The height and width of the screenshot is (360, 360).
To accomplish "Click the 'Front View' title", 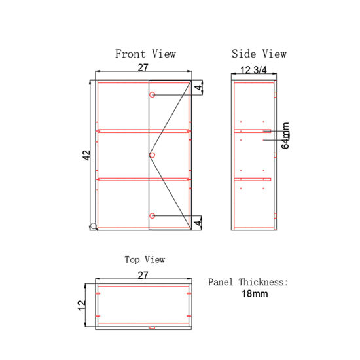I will [145, 54].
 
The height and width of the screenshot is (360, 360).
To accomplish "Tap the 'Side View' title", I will [259, 54].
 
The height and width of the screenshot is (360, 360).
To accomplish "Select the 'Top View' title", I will [145, 260].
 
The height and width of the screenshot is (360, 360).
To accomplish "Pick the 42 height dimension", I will [86, 155].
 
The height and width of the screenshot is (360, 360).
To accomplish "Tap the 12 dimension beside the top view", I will [82, 304].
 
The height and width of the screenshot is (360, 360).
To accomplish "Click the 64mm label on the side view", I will [286, 135].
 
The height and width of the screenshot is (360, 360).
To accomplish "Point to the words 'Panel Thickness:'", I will [248, 283].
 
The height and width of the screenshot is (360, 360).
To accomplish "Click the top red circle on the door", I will [153, 96].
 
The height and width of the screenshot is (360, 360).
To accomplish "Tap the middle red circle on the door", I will [153, 155].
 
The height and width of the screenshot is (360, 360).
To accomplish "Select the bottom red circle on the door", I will [153, 216].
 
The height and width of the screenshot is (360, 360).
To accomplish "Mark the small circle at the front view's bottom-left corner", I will [94, 226].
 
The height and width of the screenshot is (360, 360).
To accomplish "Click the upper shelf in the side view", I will [253, 131].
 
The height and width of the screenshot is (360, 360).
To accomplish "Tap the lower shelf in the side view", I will [253, 179].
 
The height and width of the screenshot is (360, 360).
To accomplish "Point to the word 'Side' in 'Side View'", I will [243, 54].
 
